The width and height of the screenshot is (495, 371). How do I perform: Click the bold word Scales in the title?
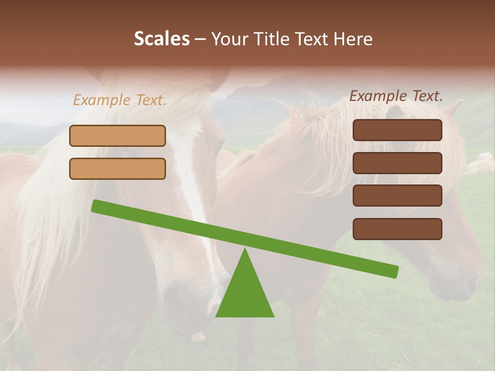[161, 39]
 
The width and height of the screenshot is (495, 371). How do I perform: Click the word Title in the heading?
[271, 39]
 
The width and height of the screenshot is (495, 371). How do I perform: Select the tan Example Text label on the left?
[120, 100]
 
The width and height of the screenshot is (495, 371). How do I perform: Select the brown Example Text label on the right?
[396, 96]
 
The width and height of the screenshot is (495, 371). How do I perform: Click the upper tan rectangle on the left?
[118, 136]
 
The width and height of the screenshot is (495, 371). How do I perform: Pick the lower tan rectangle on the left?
[118, 168]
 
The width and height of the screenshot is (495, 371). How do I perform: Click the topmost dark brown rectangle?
[397, 130]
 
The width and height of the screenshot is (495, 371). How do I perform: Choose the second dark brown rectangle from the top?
[397, 163]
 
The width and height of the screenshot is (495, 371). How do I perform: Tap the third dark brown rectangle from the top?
[397, 196]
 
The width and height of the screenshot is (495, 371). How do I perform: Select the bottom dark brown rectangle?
[397, 229]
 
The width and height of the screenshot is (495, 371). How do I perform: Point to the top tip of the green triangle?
[245, 250]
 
